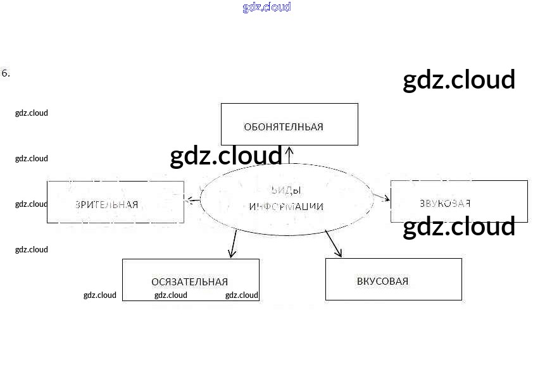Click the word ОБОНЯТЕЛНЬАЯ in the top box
[283, 127]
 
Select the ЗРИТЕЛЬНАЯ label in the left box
[106, 204]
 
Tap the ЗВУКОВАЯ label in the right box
[445, 203]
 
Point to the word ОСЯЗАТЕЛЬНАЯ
[189, 282]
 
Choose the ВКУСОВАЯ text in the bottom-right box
[382, 281]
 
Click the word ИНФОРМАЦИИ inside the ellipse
[286, 206]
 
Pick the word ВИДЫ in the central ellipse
[286, 190]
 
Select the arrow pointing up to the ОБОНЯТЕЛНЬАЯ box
[289, 155]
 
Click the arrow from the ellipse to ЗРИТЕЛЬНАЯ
[193, 201]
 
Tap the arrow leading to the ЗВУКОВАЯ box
[382, 197]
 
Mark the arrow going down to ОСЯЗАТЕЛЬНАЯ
[233, 244]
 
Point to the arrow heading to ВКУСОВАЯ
[334, 244]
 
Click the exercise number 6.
[6, 73]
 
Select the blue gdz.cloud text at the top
[266, 8]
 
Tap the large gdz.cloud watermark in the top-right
[459, 80]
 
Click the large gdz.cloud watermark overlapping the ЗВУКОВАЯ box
[459, 227]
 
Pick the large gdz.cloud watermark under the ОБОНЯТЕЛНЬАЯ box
[226, 156]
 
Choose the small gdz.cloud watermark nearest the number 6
[32, 113]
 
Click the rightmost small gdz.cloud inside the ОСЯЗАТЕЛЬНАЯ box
[242, 295]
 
